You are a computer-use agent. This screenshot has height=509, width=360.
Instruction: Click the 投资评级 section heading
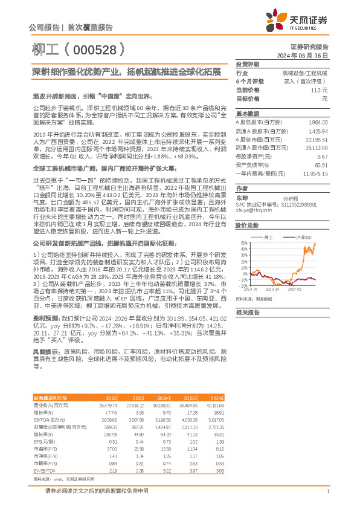coord(247,64)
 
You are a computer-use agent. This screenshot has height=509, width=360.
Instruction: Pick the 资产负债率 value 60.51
coord(320,164)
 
